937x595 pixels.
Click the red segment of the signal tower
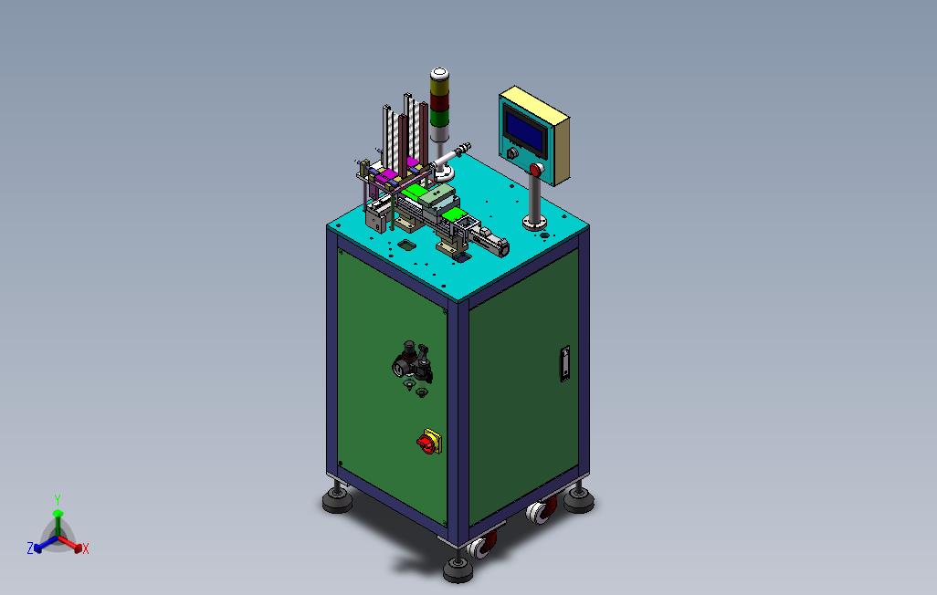click(x=439, y=104)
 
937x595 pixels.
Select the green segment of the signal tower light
click(x=439, y=118)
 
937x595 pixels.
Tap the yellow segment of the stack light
click(x=439, y=89)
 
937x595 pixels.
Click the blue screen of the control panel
click(x=526, y=131)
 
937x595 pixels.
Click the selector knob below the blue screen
click(x=512, y=153)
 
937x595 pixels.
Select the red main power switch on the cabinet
click(x=428, y=442)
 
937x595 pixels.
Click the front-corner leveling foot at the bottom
click(x=458, y=569)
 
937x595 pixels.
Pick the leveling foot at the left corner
click(x=338, y=499)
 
